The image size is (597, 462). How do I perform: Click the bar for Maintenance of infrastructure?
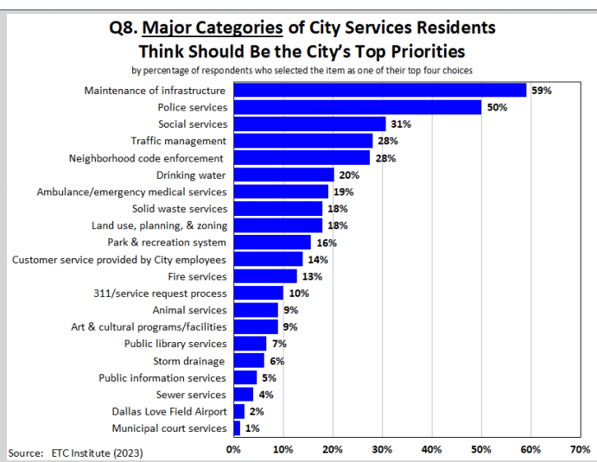pyautogui.click(x=379, y=90)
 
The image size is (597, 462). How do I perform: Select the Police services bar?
pyautogui.click(x=357, y=107)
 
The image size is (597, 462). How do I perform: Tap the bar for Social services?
pyautogui.click(x=310, y=124)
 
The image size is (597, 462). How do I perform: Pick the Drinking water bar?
pyautogui.click(x=283, y=175)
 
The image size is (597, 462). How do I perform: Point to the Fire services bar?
pyautogui.click(x=265, y=276)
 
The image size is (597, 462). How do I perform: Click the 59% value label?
pyautogui.click(x=542, y=90)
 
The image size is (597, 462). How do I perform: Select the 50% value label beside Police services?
pyautogui.click(x=497, y=107)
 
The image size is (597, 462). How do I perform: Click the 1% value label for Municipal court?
pyautogui.click(x=252, y=428)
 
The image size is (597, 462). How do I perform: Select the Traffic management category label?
pyautogui.click(x=179, y=141)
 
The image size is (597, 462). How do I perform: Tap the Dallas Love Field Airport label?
pyautogui.click(x=169, y=412)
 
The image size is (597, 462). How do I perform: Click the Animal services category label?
pyautogui.click(x=190, y=310)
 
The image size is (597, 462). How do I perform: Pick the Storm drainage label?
pyautogui.click(x=189, y=361)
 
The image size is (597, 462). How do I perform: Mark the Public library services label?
pyautogui.click(x=175, y=344)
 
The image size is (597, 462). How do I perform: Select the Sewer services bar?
pyautogui.click(x=243, y=395)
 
